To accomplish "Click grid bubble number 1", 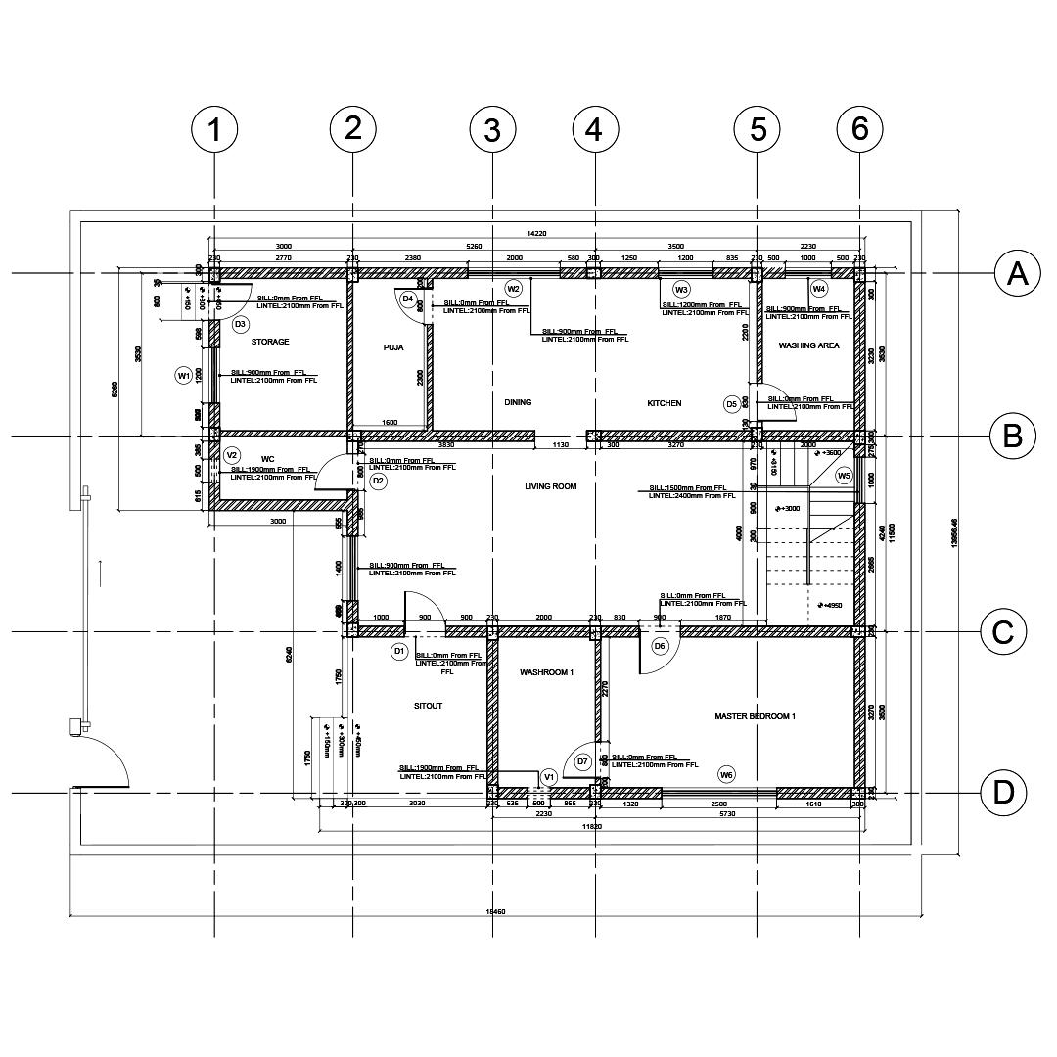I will click(x=214, y=130).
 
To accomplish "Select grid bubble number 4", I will click(x=594, y=130).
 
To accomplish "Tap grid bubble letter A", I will click(x=1018, y=274).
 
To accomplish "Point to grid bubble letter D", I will click(x=1004, y=792).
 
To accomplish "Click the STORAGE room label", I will click(x=270, y=342).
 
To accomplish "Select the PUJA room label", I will click(x=393, y=347).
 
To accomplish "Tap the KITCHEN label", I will click(x=664, y=403).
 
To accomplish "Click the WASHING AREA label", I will click(x=808, y=345).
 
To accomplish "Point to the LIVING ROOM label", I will click(x=551, y=486).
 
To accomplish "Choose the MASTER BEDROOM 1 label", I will click(x=755, y=717).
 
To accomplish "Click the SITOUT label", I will click(x=428, y=706).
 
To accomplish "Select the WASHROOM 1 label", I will click(x=546, y=672).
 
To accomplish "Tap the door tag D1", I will click(x=399, y=651).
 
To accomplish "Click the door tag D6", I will click(x=660, y=646).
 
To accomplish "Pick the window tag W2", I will click(x=513, y=289).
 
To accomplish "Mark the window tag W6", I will click(x=726, y=775).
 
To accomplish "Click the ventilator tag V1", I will click(x=549, y=778).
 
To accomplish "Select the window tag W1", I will click(x=183, y=376).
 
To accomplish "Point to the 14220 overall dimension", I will click(x=536, y=234).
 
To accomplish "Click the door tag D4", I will click(x=408, y=299).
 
